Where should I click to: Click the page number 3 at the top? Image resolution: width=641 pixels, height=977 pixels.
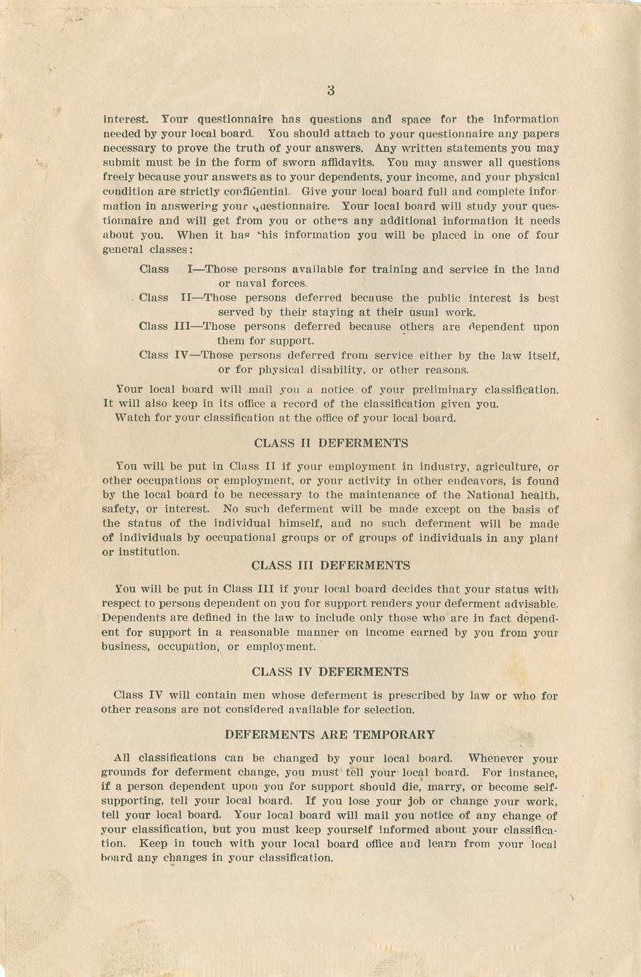click(331, 91)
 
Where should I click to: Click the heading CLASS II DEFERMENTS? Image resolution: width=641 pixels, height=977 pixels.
click(330, 443)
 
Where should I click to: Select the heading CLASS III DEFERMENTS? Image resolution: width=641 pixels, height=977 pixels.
click(330, 566)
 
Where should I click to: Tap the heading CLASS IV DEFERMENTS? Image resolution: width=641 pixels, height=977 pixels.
click(330, 672)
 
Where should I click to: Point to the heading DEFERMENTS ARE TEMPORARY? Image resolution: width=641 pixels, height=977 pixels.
click(330, 735)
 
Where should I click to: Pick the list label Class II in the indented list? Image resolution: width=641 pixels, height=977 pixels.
click(162, 298)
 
